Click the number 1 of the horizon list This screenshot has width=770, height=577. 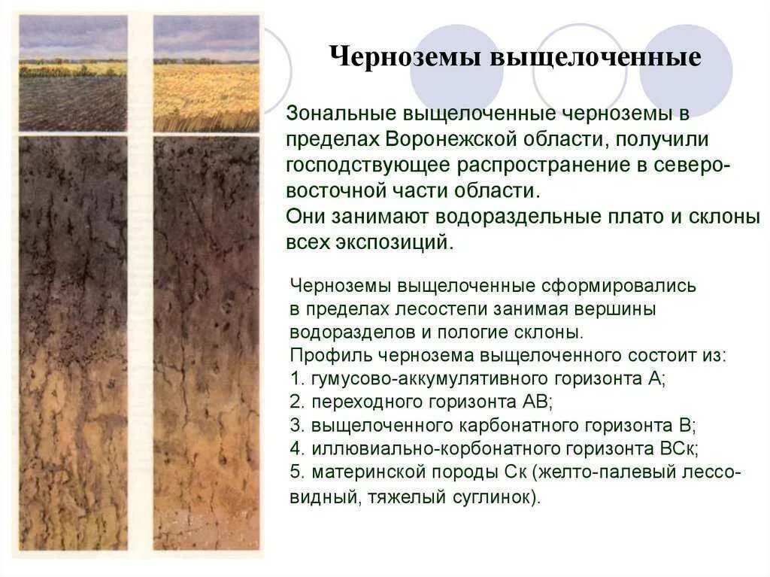294,378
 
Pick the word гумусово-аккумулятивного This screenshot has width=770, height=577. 411,378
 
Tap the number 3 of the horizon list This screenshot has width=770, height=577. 295,424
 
